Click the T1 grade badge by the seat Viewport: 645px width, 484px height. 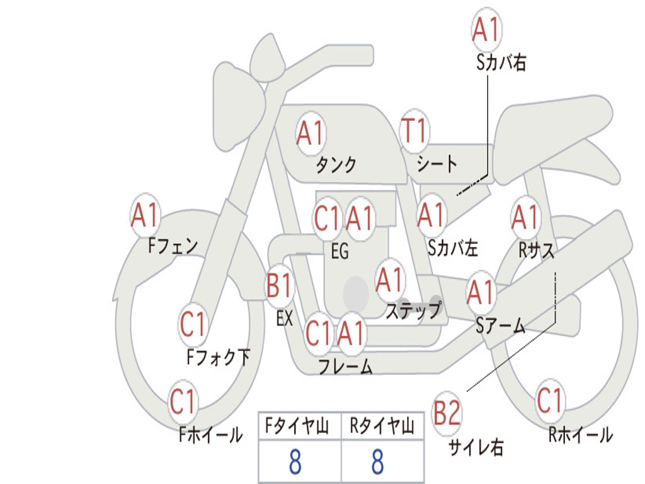[x=414, y=132]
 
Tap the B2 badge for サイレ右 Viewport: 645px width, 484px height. [x=447, y=414]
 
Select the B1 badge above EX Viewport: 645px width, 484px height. [x=280, y=286]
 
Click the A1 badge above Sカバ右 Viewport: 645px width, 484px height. [x=486, y=30]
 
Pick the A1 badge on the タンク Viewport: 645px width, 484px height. [x=310, y=133]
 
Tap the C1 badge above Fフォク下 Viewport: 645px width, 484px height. [x=193, y=325]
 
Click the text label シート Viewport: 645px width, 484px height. [x=437, y=165]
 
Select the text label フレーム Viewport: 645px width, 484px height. [x=345, y=366]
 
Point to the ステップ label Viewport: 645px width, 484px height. [x=413, y=311]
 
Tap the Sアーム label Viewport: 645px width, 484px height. [x=500, y=326]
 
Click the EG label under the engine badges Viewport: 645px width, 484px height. [x=340, y=251]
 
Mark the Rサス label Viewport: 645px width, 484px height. [x=536, y=250]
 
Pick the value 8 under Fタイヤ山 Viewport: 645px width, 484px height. [x=295, y=462]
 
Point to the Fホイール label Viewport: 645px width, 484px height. [x=210, y=434]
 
